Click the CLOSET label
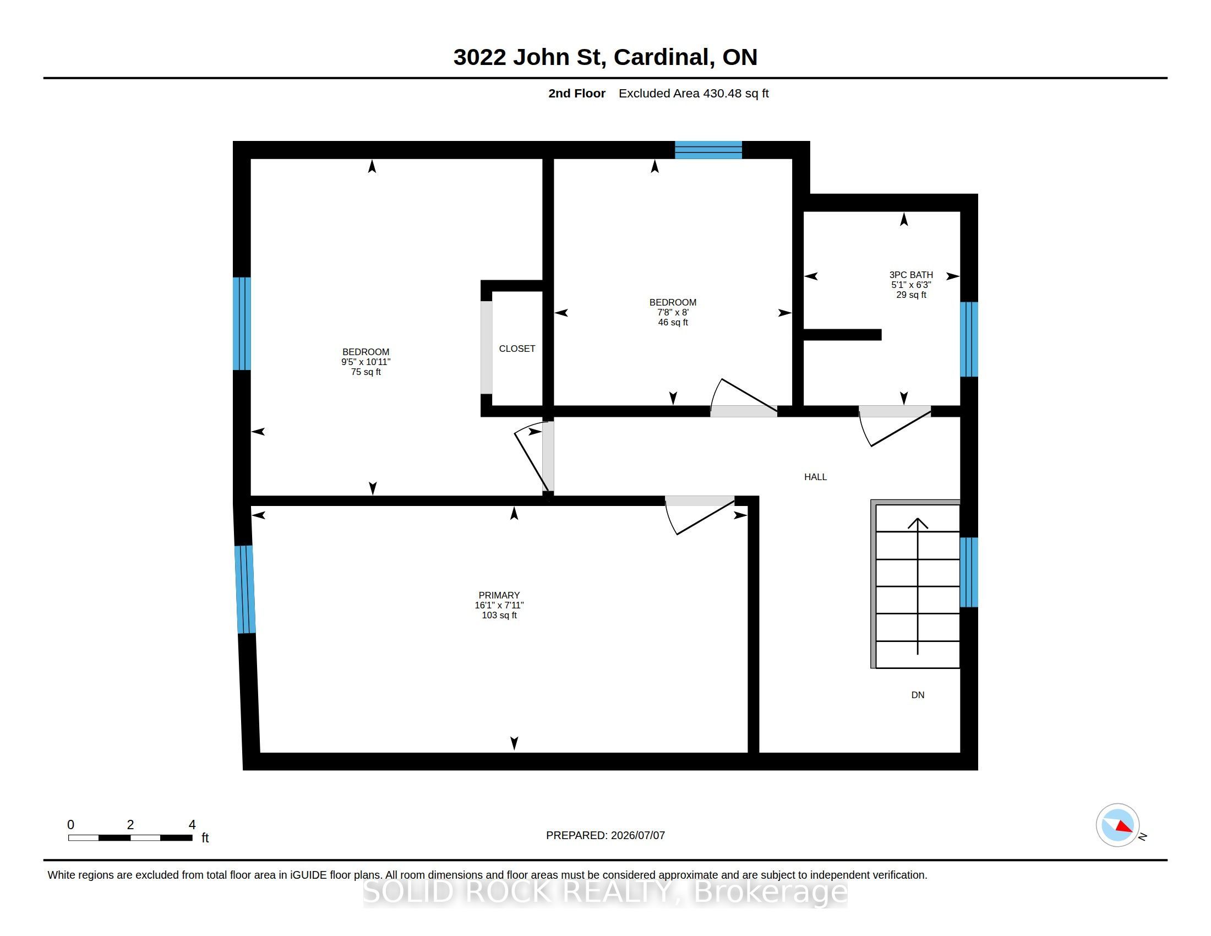(x=517, y=348)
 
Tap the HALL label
(x=815, y=477)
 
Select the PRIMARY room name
(x=499, y=595)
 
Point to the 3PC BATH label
(x=911, y=275)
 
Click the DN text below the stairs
(x=918, y=695)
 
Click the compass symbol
(x=1117, y=825)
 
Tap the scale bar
(x=130, y=837)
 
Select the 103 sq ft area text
(x=499, y=615)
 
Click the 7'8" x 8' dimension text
(x=673, y=312)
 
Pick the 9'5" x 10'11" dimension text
(x=366, y=362)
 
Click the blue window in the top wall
(x=708, y=150)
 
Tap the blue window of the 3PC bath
(x=969, y=339)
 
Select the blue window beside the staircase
(x=969, y=572)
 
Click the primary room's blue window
(x=244, y=590)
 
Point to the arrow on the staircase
(x=918, y=586)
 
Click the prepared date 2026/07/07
(x=635, y=835)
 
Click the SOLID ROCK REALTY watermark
(x=605, y=891)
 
